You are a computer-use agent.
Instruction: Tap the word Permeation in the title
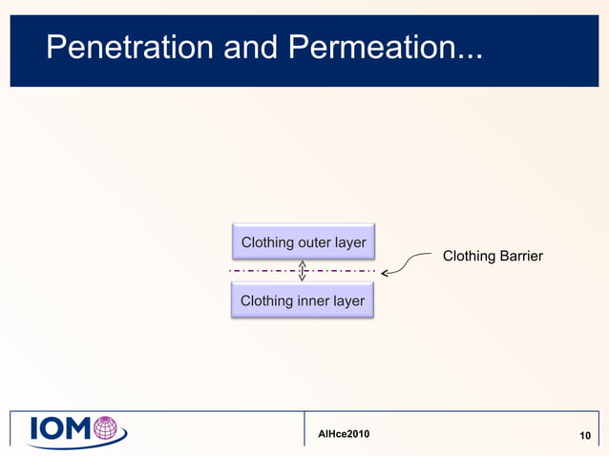point(366,46)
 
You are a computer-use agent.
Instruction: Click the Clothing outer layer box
point(303,242)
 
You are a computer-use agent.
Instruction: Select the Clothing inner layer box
point(303,301)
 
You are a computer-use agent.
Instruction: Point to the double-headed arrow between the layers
point(303,271)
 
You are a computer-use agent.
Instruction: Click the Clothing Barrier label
point(493,256)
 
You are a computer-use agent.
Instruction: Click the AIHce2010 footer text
point(343,435)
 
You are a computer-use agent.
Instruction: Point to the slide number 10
point(586,436)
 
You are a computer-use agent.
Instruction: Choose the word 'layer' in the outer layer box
point(348,242)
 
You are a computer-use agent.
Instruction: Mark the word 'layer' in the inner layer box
point(347,301)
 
